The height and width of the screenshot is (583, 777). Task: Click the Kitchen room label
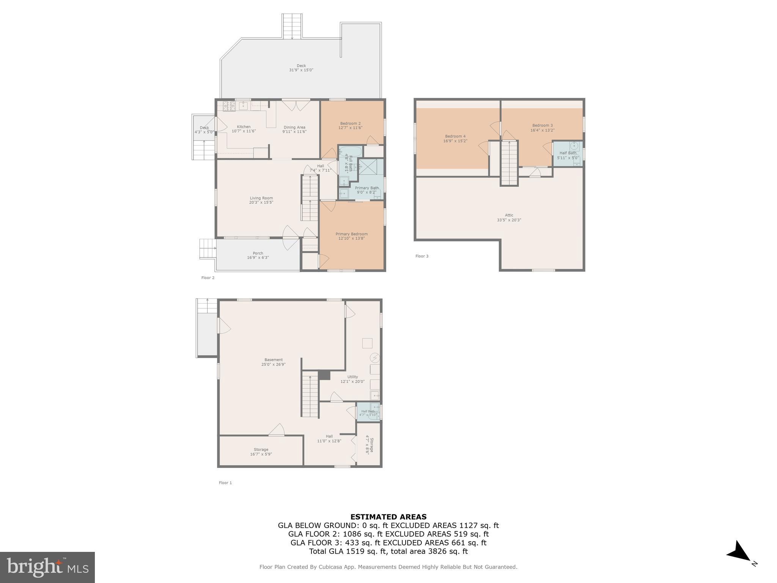click(244, 127)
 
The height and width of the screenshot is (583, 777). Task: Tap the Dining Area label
click(294, 127)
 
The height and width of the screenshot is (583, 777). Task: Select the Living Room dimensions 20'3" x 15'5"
click(261, 203)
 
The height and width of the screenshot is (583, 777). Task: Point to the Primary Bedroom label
click(351, 234)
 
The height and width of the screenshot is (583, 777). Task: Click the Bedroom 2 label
click(350, 123)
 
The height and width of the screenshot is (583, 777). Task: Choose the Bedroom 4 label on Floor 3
click(455, 136)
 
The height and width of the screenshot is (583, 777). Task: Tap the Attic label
click(509, 215)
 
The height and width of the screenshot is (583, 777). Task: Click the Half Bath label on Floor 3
click(568, 153)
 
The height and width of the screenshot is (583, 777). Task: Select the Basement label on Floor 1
click(274, 360)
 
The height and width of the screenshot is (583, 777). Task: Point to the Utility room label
click(352, 377)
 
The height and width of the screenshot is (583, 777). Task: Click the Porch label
click(258, 253)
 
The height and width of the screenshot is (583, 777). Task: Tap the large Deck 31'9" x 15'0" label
click(301, 68)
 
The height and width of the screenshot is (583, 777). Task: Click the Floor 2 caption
click(208, 278)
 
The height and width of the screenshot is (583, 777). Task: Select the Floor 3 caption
click(422, 256)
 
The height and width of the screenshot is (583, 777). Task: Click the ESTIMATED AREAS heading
click(388, 517)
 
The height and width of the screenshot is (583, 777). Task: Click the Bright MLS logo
click(47, 567)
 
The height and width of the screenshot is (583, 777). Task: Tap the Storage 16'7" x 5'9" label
click(261, 452)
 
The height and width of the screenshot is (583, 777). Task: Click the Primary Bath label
click(366, 188)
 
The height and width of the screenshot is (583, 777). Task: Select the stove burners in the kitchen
click(229, 106)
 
